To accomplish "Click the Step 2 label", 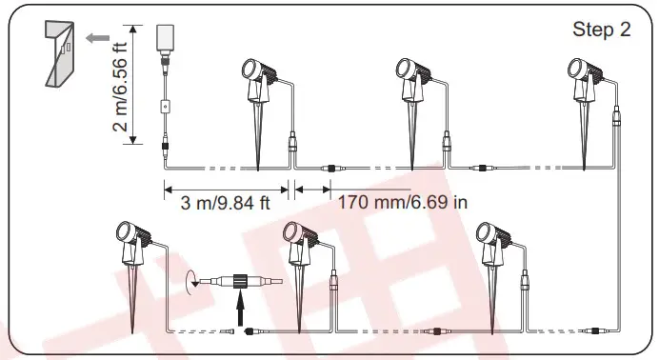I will pyautogui.click(x=601, y=30).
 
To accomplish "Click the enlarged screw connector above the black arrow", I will pyautogui.click(x=236, y=282).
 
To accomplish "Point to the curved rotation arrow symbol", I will pyautogui.click(x=190, y=281).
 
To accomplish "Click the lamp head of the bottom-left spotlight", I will pyautogui.click(x=124, y=233).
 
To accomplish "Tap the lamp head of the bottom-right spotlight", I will pyautogui.click(x=486, y=233).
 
